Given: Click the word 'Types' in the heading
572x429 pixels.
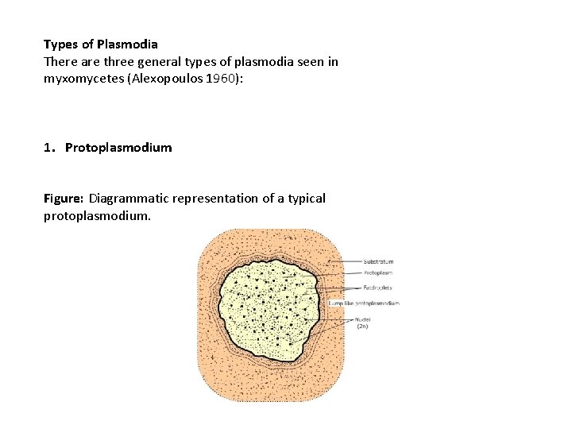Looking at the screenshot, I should (60, 44).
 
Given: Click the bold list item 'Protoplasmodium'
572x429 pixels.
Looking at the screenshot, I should (118, 148).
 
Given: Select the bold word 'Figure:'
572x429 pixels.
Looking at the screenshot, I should (64, 198).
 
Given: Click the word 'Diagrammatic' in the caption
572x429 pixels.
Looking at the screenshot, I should (126, 198).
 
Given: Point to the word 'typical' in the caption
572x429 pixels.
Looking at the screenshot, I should (304, 198).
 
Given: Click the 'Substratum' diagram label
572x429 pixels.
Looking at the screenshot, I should (377, 261).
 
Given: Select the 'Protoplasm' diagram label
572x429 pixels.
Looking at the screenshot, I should (377, 274).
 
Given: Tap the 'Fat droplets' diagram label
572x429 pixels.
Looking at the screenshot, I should (378, 288).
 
